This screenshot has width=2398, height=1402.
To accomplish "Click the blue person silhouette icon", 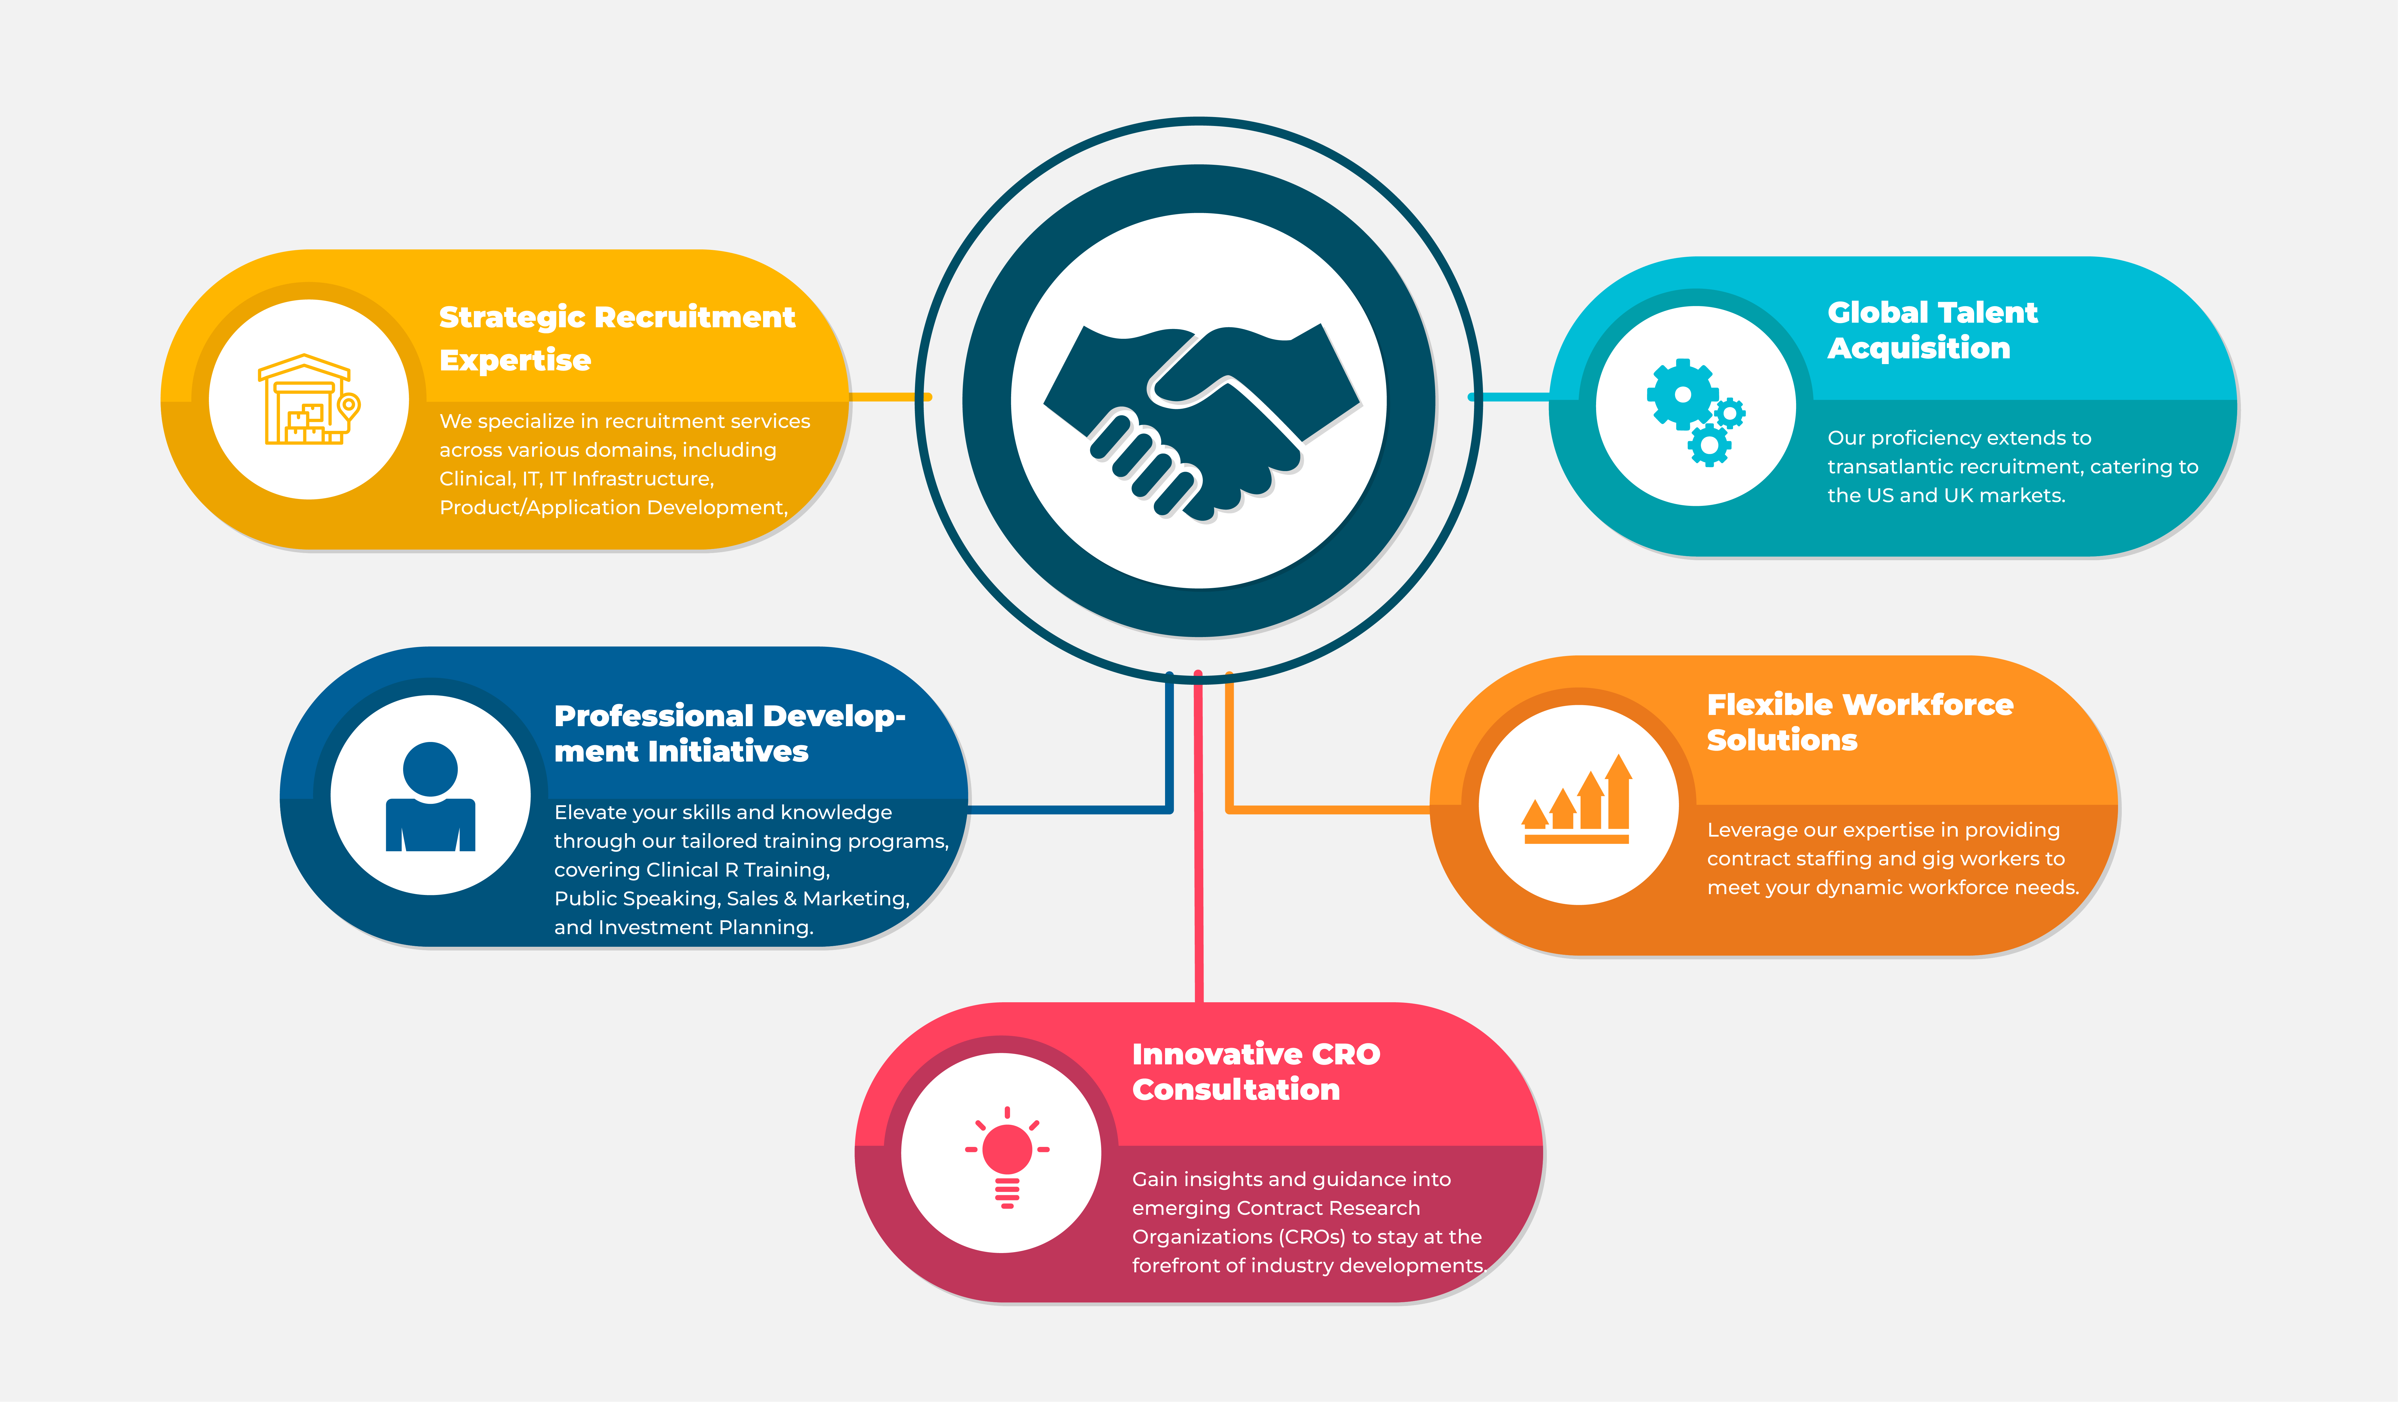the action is click(x=430, y=797).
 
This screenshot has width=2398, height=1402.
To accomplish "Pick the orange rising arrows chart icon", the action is click(x=1577, y=799).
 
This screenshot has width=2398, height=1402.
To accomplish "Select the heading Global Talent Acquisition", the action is click(x=1932, y=330).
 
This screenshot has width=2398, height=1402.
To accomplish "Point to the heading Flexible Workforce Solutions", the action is click(x=1859, y=722).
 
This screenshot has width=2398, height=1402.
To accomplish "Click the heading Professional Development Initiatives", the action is click(x=729, y=733).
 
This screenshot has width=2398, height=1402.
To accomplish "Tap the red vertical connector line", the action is click(x=1198, y=837).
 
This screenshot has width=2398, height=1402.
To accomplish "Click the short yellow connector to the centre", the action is click(x=889, y=397).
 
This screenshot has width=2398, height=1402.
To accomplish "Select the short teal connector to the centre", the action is click(x=1510, y=397).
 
